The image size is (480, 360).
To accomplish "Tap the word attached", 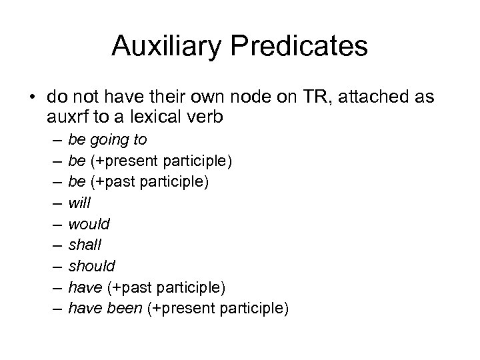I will coord(375,97).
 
